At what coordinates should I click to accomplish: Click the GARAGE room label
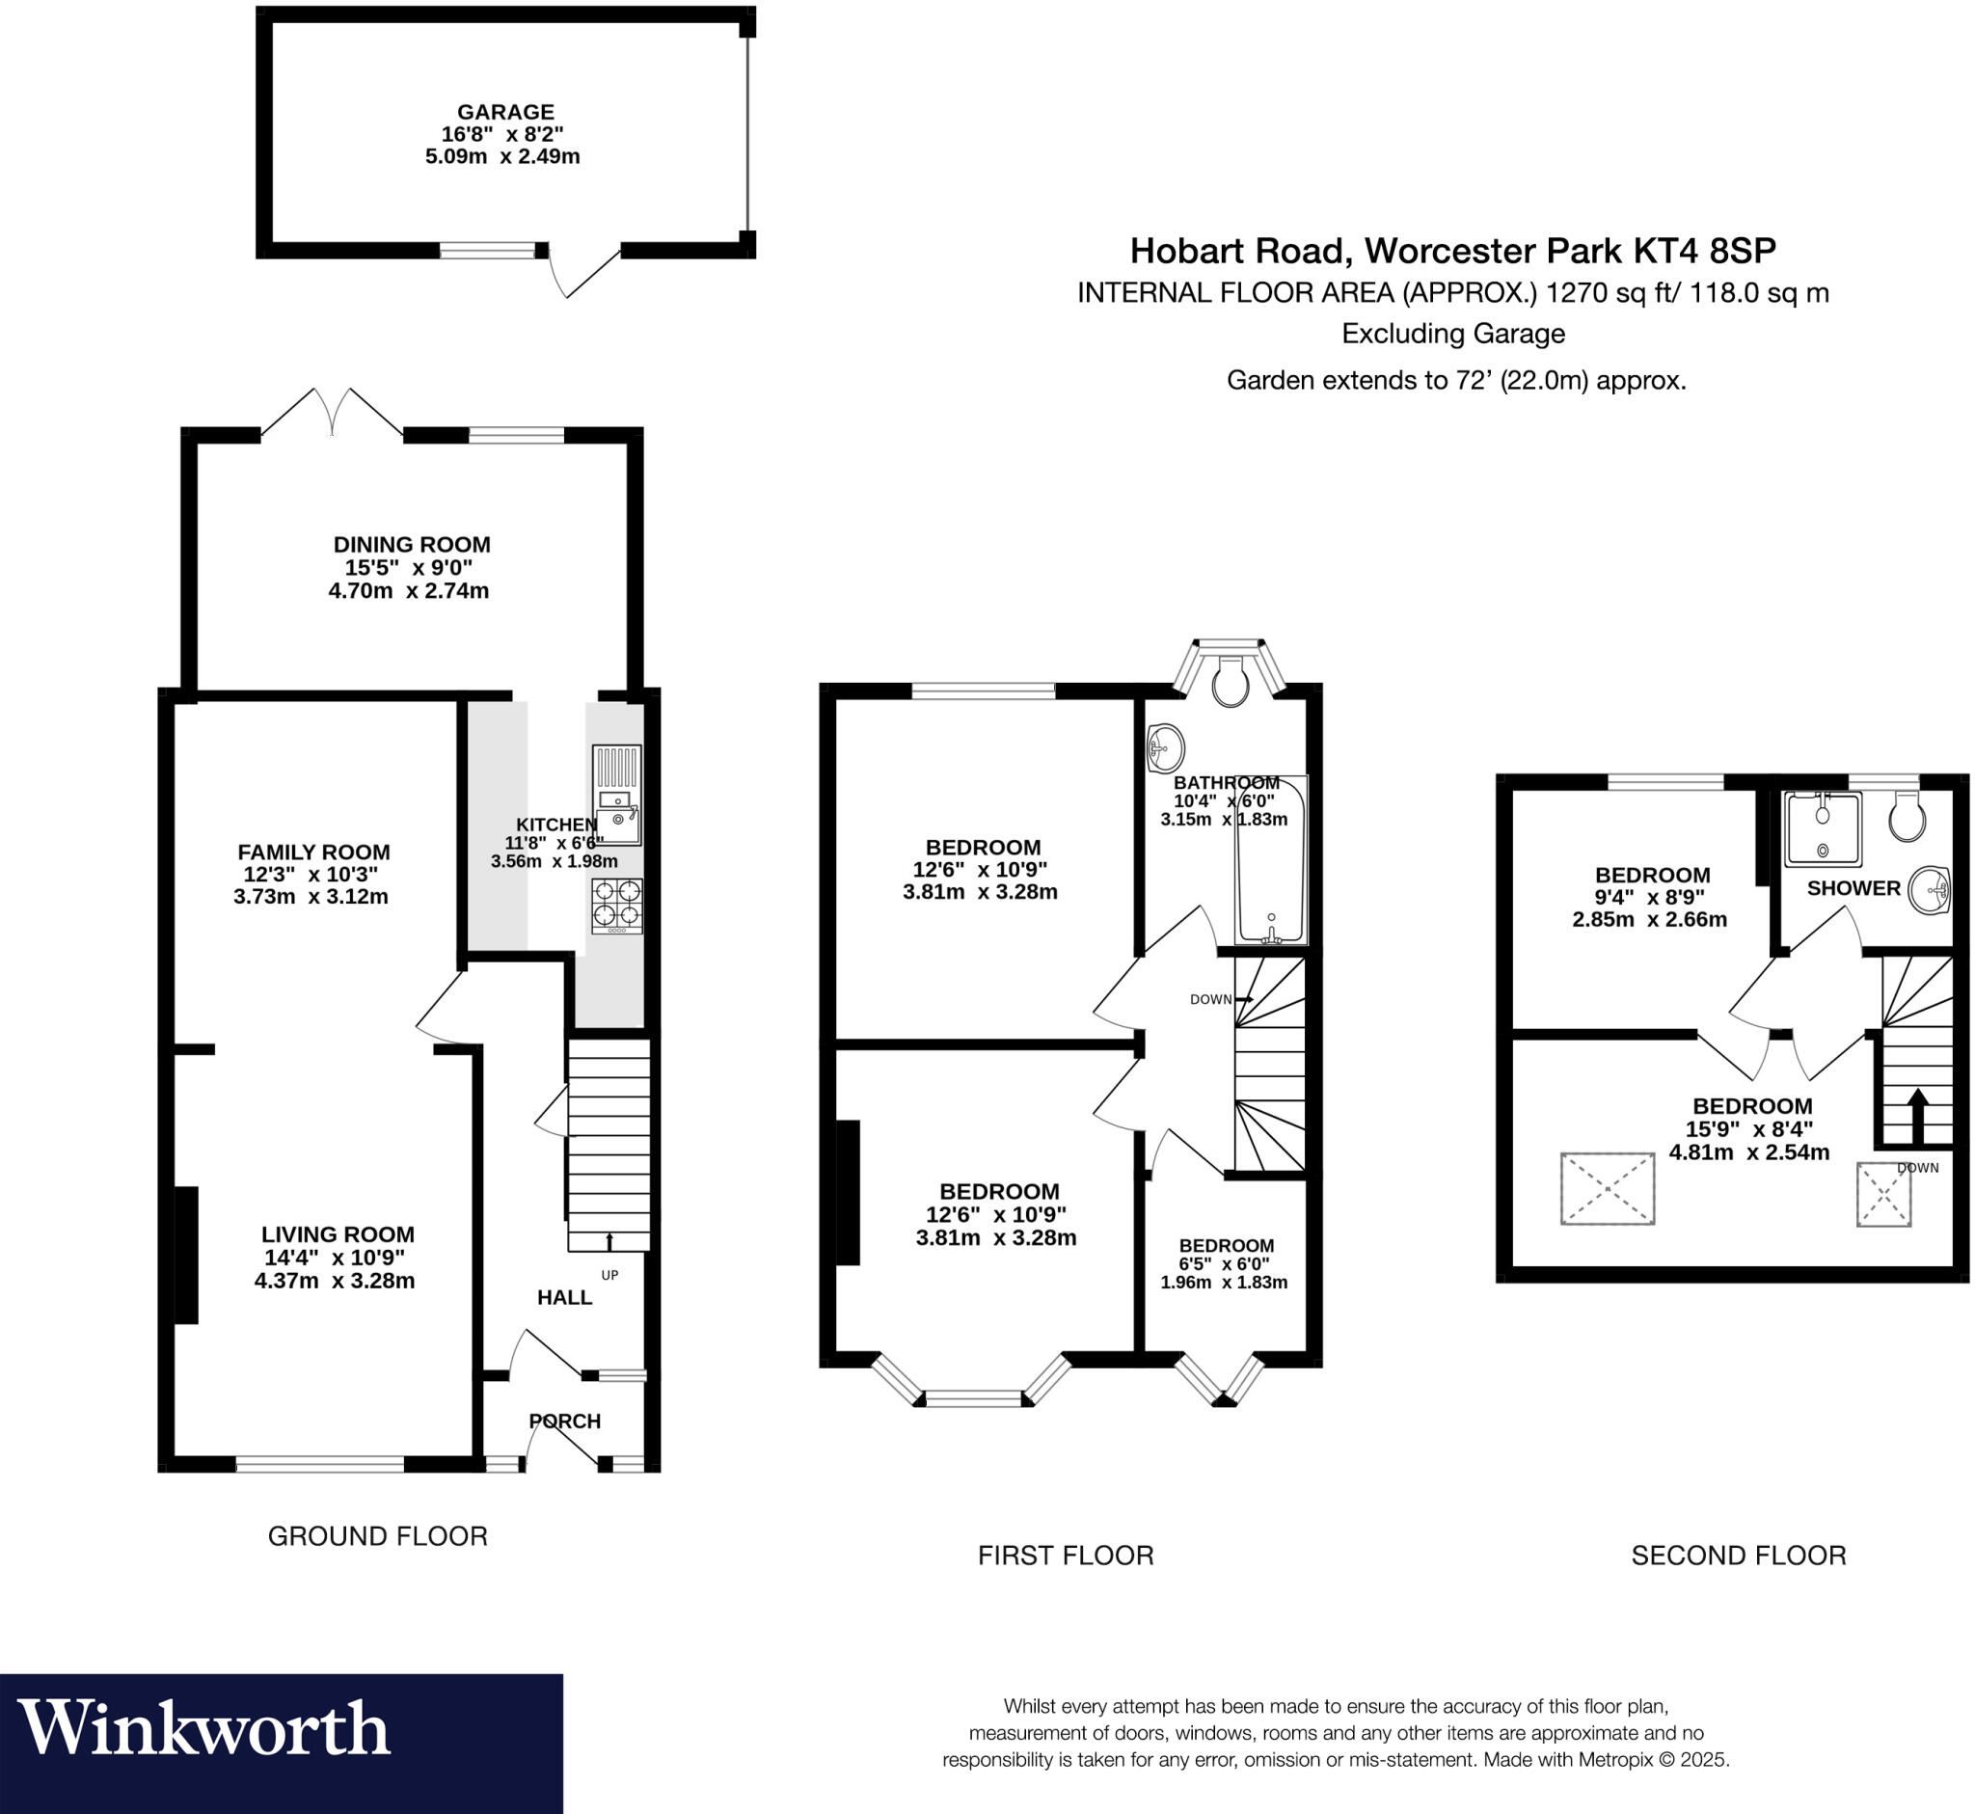pyautogui.click(x=504, y=112)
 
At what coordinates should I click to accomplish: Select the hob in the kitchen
pyautogui.click(x=616, y=905)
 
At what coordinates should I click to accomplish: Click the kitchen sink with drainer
pyautogui.click(x=616, y=795)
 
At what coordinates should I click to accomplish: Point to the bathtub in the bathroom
pyautogui.click(x=1270, y=862)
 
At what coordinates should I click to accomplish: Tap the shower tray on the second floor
pyautogui.click(x=1823, y=829)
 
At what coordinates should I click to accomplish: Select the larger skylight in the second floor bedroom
pyautogui.click(x=1607, y=1189)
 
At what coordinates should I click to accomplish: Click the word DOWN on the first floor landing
pyautogui.click(x=1209, y=999)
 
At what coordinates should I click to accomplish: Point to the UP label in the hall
pyautogui.click(x=609, y=1275)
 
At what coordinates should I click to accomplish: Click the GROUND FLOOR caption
pyautogui.click(x=377, y=1536)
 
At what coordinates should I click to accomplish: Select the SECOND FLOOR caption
pyautogui.click(x=1738, y=1555)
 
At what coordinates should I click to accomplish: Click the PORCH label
pyautogui.click(x=564, y=1421)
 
